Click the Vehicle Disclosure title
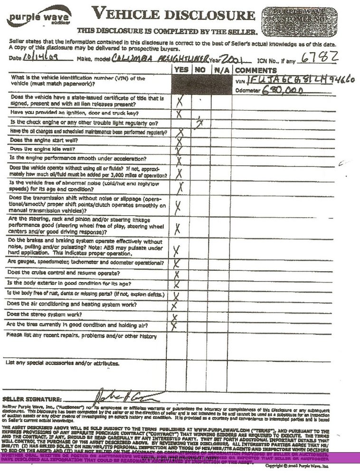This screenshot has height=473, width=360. point(173,14)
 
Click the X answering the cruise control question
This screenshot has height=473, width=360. point(177,274)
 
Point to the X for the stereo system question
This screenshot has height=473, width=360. point(175,317)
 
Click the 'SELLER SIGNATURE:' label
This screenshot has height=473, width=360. point(32,399)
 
